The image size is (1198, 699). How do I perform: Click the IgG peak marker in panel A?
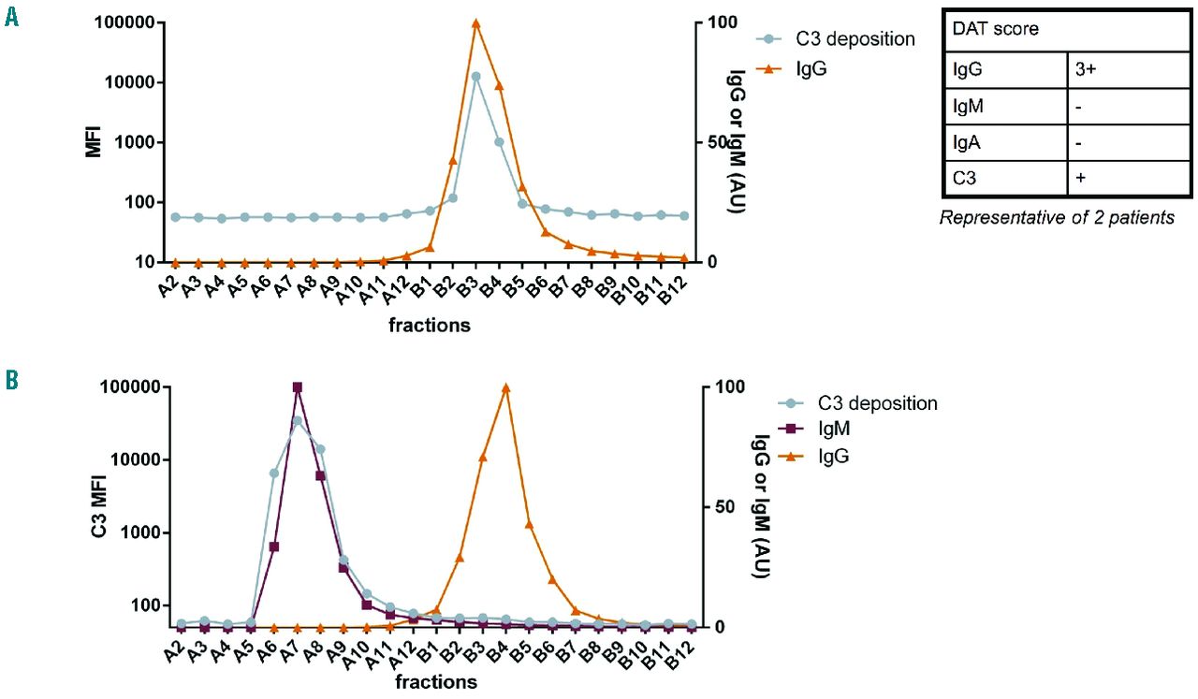475,23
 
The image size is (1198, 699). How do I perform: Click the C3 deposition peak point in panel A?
475,77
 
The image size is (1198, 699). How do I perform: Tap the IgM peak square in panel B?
298,386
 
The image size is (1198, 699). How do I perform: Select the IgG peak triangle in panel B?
506,387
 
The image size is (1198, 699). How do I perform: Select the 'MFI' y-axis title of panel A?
94,142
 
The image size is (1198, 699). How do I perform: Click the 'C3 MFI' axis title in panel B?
98,506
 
